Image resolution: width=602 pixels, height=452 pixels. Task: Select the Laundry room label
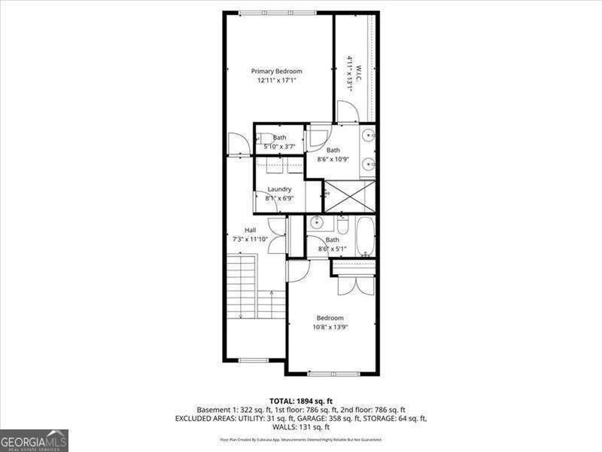point(279,189)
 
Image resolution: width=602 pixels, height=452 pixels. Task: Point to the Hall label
point(250,230)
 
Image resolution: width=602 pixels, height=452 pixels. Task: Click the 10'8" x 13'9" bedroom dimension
point(330,326)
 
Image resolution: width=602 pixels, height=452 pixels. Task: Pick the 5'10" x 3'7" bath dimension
point(280,145)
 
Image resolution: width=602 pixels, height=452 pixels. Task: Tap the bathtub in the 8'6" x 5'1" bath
point(366,237)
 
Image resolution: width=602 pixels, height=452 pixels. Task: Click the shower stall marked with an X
point(348,196)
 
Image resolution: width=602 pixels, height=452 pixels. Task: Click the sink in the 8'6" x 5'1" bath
point(317,223)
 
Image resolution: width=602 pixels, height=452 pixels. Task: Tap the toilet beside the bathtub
point(342,224)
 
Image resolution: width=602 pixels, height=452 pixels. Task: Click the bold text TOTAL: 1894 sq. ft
point(301,400)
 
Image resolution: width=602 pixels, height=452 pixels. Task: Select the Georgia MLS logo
point(34,440)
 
